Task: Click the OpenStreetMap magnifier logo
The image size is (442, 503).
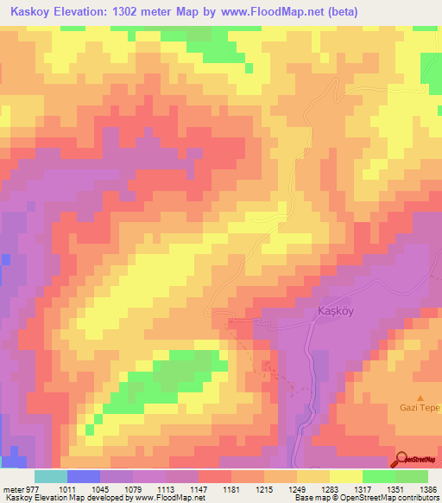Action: point(402,459)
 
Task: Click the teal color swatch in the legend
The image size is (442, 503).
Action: point(51,476)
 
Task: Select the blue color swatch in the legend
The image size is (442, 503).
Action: point(84,476)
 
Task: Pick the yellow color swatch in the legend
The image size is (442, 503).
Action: point(346,476)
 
